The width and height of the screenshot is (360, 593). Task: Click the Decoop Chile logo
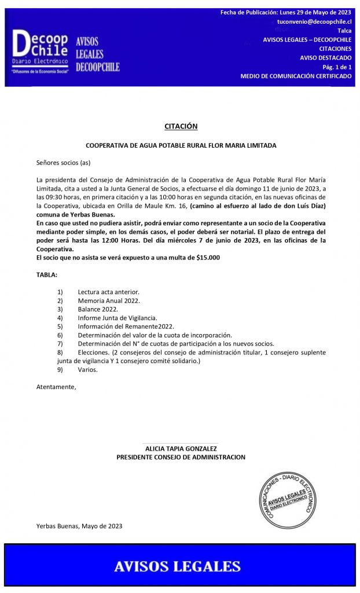pos(40,52)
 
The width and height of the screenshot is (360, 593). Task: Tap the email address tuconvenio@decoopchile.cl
pos(314,21)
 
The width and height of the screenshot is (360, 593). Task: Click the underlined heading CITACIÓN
pos(181,126)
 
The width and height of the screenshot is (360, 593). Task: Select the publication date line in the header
pos(286,12)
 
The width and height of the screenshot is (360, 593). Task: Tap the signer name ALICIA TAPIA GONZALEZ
pos(181,448)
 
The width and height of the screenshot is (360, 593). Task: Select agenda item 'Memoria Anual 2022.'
pos(109,301)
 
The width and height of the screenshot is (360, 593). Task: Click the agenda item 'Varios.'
pos(88,369)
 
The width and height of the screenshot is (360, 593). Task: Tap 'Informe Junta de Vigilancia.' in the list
pos(117,318)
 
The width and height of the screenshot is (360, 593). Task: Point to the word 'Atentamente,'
pos(56,386)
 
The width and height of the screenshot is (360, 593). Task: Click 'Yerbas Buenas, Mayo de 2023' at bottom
pos(79,526)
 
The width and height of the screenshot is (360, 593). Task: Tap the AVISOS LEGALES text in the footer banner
pos(177,566)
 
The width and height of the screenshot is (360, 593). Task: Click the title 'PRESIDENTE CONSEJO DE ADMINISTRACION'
pos(181,457)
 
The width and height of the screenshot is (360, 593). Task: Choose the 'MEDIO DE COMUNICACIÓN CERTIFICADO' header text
pos(296,76)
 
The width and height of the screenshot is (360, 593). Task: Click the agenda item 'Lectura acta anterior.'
pos(109,292)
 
